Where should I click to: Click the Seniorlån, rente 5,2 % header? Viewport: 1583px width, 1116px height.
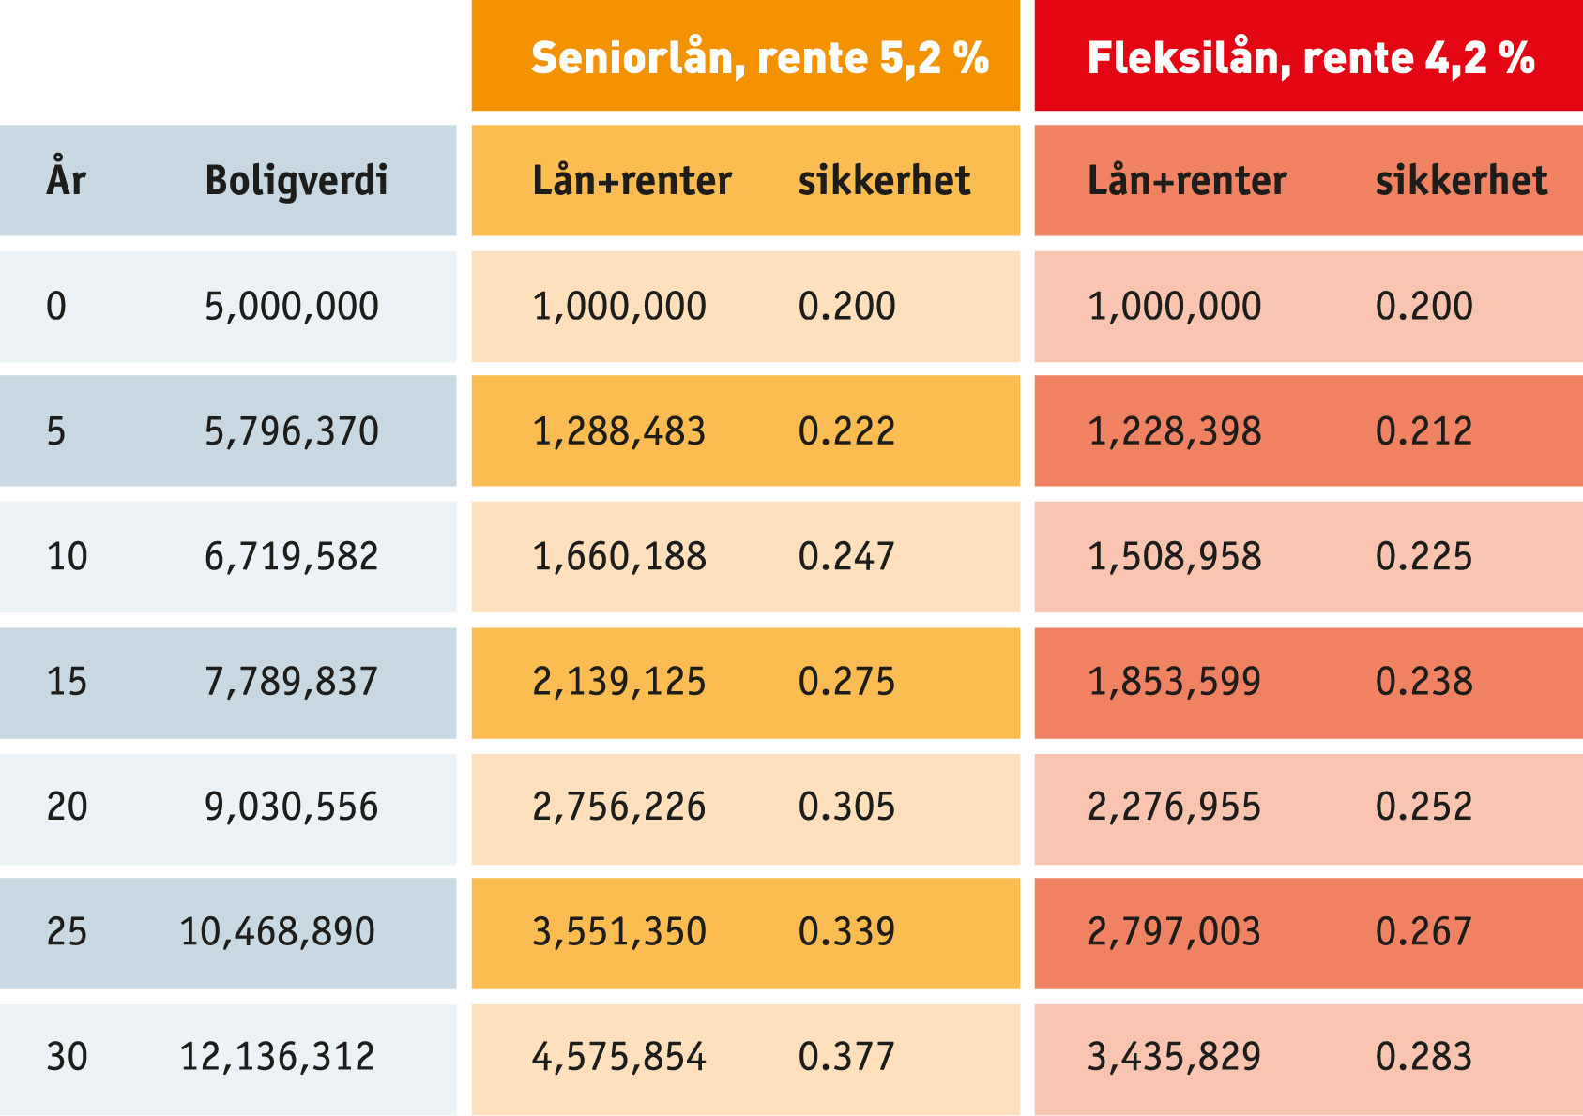(759, 58)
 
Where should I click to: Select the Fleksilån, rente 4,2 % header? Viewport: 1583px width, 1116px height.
(1310, 58)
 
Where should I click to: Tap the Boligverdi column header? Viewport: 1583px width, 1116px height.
(296, 180)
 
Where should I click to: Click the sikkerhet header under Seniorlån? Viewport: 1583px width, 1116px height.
(884, 180)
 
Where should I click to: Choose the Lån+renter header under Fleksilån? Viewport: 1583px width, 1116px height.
(1186, 180)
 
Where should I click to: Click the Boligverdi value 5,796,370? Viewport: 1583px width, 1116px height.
(291, 431)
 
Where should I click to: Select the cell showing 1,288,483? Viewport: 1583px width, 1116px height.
(618, 431)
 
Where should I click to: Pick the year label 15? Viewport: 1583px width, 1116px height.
(67, 682)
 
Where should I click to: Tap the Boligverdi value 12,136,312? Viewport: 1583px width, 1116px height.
(277, 1057)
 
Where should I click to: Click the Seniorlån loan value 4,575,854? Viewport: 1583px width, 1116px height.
(618, 1057)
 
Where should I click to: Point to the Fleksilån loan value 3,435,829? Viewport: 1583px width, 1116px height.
(1174, 1057)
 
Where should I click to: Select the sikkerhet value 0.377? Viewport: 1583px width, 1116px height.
(846, 1057)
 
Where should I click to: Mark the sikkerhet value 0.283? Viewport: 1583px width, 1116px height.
(1423, 1057)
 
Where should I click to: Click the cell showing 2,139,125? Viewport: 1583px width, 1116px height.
(618, 682)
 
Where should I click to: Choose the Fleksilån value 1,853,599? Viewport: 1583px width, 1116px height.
(1174, 682)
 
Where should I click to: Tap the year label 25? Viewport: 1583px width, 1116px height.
(67, 932)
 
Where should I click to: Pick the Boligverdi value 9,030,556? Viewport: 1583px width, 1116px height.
(291, 807)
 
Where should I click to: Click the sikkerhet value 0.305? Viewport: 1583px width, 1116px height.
(846, 807)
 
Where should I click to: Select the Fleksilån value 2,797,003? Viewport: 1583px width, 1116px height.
(1174, 932)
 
